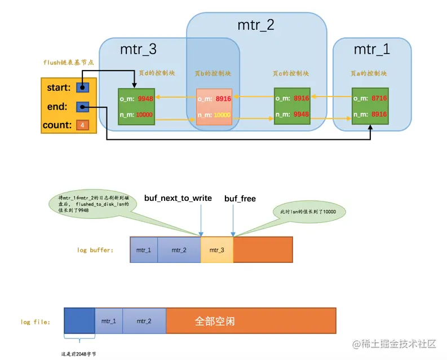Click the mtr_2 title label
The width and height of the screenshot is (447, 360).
pyautogui.click(x=255, y=25)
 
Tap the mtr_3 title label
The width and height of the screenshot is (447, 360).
pyautogui.click(x=138, y=50)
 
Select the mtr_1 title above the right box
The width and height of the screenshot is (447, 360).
pyautogui.click(x=371, y=50)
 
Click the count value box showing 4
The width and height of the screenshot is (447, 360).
pyautogui.click(x=82, y=124)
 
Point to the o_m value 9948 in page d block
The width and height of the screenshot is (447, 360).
pyautogui.click(x=145, y=99)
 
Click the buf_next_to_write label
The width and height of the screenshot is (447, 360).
pyautogui.click(x=178, y=198)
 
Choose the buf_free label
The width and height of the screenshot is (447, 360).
pyautogui.click(x=240, y=198)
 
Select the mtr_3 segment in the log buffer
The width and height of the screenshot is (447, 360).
pyautogui.click(x=217, y=249)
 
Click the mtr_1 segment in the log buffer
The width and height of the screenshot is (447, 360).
pyautogui.click(x=144, y=249)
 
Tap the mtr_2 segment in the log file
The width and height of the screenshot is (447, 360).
pyautogui.click(x=144, y=321)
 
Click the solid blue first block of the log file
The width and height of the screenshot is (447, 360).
pyautogui.click(x=79, y=322)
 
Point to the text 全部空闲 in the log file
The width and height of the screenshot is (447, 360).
pyautogui.click(x=215, y=321)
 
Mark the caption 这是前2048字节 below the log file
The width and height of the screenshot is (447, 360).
pyautogui.click(x=79, y=354)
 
